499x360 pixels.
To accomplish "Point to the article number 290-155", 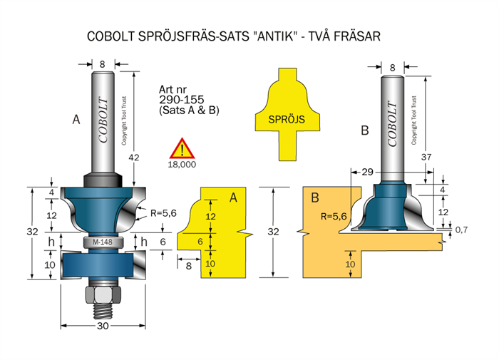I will point(178,101).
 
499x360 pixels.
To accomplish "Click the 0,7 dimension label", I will point(461,230).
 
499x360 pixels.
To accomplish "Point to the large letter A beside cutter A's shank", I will point(76,120).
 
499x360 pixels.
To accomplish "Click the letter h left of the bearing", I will point(50,242).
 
